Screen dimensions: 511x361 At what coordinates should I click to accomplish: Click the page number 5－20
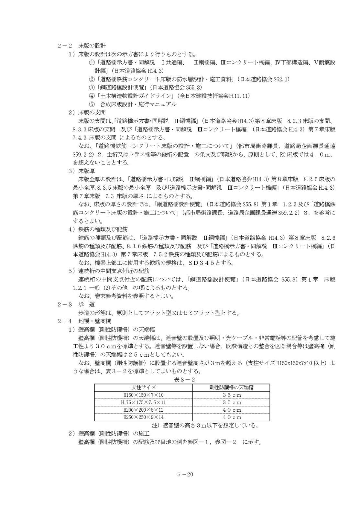[x=185, y=475]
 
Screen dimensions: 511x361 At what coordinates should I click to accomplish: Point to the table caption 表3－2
[x=184, y=379]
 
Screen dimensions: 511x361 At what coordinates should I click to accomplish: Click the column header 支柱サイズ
[x=144, y=387]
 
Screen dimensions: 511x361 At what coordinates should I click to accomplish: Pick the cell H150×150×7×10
[x=144, y=395]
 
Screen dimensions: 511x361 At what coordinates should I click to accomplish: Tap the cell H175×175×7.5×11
[x=144, y=403]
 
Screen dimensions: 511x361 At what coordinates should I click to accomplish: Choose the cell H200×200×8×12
[x=144, y=410]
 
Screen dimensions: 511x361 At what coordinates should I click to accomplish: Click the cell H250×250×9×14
[x=144, y=417]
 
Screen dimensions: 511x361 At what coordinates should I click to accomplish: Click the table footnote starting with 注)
[x=207, y=425]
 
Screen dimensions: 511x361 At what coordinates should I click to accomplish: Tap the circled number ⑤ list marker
[x=92, y=104]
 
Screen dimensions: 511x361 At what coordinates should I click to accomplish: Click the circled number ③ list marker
[x=92, y=87]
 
